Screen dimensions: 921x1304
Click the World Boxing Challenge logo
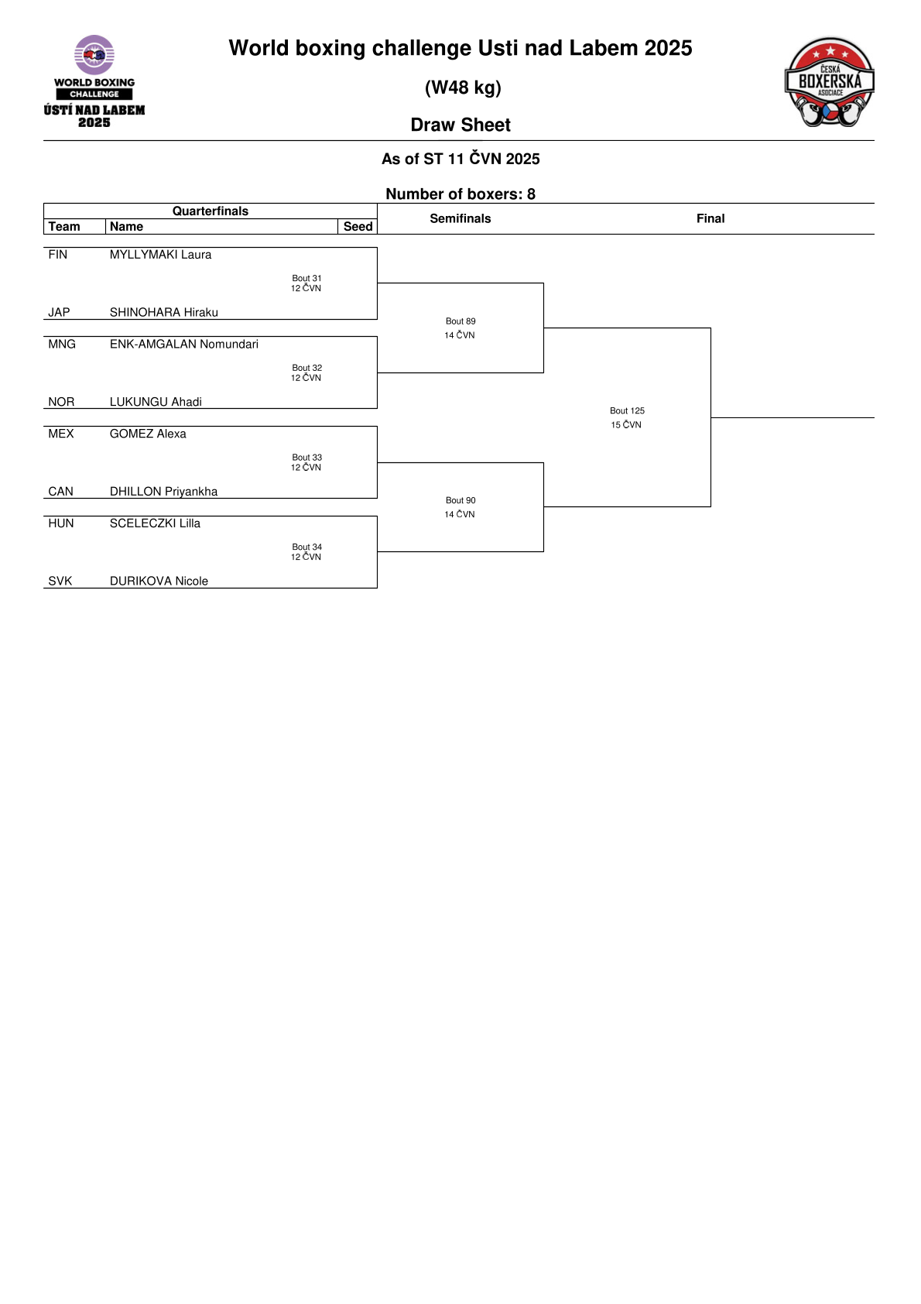click(x=94, y=81)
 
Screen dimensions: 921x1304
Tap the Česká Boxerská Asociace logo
click(x=829, y=82)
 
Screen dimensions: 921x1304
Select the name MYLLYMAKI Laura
click(x=160, y=255)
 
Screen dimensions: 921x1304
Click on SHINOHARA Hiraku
click(x=164, y=313)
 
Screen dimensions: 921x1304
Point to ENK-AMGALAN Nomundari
click(x=184, y=345)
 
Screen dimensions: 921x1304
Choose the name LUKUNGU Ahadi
click(x=156, y=402)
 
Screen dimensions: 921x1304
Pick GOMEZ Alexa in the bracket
click(x=148, y=434)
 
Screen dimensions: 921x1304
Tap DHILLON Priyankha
click(x=163, y=492)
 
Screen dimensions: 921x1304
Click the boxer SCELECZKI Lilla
click(x=155, y=524)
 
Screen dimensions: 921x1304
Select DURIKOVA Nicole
click(x=159, y=582)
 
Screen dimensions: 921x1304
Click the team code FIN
click(x=57, y=255)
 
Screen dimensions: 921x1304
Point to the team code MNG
click(x=62, y=345)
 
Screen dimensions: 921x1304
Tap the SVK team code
click(x=60, y=582)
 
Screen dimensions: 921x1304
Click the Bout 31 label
click(x=306, y=279)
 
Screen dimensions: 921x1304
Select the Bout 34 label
click(x=306, y=547)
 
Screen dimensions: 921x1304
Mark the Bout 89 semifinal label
click(x=460, y=321)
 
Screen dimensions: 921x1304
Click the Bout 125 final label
click(x=627, y=411)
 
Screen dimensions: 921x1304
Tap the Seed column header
click(x=358, y=226)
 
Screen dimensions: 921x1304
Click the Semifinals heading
click(x=460, y=219)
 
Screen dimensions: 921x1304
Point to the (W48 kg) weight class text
click(x=463, y=88)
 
